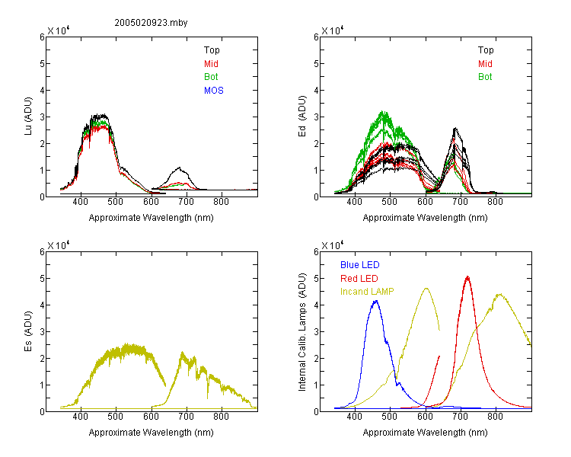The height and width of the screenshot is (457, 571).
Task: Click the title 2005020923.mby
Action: click(x=151, y=23)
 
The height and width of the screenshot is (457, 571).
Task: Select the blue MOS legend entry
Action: click(x=214, y=91)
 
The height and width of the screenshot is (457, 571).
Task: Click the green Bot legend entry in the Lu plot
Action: click(x=211, y=77)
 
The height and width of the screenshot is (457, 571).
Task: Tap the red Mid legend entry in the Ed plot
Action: click(x=485, y=64)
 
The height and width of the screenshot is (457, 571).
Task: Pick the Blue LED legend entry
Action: click(x=360, y=265)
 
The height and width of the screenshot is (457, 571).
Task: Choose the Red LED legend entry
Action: click(x=359, y=279)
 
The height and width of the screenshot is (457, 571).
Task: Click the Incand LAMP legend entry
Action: click(x=367, y=292)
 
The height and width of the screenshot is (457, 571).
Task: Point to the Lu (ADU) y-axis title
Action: click(x=28, y=117)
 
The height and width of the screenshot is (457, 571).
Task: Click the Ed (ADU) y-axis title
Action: click(x=302, y=117)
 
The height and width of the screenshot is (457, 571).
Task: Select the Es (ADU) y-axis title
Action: click(x=28, y=331)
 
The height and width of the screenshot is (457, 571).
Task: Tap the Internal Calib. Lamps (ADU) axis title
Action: click(x=302, y=332)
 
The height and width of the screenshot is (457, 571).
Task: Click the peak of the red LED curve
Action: click(x=467, y=277)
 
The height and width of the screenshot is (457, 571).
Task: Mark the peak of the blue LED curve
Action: click(x=376, y=301)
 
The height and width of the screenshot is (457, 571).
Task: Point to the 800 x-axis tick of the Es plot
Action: click(x=221, y=417)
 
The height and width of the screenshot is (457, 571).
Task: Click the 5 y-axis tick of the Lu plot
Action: click(x=42, y=64)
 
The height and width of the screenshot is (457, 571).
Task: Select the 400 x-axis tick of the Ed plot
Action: click(x=354, y=202)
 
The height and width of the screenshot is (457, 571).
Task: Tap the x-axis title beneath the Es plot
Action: click(x=152, y=433)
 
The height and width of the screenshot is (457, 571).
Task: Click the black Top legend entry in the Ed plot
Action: click(x=486, y=50)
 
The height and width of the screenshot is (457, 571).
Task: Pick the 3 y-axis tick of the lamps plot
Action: click(x=316, y=332)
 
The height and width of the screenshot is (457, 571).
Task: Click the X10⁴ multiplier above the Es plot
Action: click(x=59, y=245)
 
